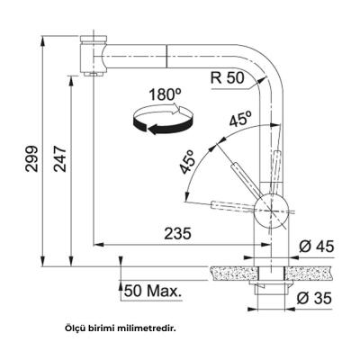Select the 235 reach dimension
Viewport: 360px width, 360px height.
(177, 233)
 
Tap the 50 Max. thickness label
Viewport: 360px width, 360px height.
(150, 292)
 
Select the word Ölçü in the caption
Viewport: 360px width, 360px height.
(76, 328)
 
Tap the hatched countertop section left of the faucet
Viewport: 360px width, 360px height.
(229, 269)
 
